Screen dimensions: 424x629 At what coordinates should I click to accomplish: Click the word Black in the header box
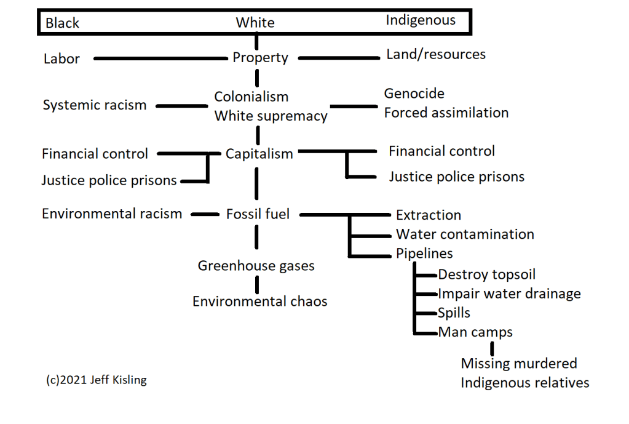[62, 23]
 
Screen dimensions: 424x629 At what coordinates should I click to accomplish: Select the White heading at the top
[255, 23]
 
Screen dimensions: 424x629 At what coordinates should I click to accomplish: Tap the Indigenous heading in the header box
[421, 20]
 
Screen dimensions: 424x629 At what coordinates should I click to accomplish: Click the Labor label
[61, 59]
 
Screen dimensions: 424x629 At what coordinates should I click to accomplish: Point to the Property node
[260, 58]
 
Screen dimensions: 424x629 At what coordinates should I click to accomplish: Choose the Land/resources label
[435, 54]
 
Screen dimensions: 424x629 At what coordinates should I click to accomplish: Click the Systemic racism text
[95, 105]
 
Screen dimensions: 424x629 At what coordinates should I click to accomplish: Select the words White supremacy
[271, 116]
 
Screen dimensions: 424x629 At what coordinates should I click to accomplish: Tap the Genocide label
[414, 94]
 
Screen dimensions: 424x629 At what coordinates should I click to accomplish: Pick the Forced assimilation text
[446, 113]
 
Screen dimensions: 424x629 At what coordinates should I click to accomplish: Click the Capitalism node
[259, 154]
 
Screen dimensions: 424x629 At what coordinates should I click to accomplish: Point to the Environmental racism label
[112, 214]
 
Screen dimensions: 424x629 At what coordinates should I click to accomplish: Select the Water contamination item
[465, 234]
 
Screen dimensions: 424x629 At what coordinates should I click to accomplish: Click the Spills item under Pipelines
[454, 313]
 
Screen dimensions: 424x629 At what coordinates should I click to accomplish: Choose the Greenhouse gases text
[256, 266]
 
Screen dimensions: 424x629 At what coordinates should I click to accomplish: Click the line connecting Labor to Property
[160, 58]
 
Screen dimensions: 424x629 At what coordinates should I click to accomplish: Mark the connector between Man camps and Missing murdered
[492, 348]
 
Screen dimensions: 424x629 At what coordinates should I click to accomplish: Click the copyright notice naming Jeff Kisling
[97, 380]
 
